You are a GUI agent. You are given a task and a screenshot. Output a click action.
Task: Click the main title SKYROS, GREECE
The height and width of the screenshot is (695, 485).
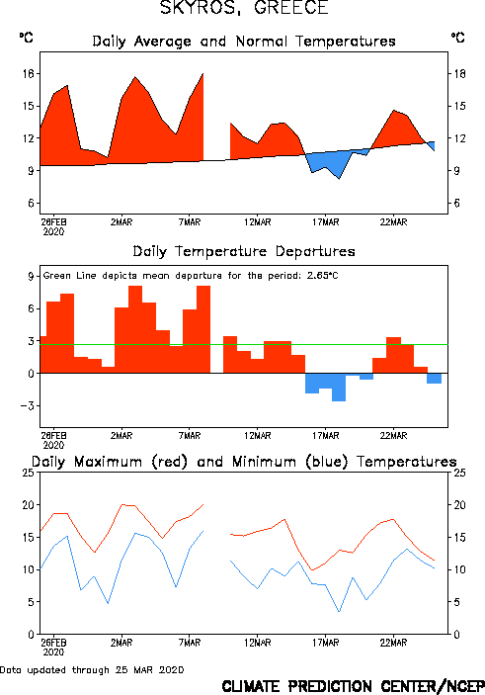244,8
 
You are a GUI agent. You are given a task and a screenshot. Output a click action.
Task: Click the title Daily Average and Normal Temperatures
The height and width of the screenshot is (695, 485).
244,42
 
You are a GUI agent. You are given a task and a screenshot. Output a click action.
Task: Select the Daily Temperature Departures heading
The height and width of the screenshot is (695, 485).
244,251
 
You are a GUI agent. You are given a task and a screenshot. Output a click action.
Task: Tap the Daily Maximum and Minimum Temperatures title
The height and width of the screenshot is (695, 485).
244,462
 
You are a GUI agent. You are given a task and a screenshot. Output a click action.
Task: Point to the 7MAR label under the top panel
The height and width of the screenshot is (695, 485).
190,221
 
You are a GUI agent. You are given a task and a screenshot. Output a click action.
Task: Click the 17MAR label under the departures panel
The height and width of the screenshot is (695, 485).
326,435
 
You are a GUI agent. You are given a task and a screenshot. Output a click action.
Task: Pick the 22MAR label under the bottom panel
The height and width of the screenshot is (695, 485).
393,643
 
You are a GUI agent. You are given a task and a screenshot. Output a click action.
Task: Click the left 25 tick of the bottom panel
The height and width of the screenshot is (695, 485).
29,473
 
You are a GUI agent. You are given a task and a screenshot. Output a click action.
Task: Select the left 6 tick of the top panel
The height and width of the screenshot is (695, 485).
31,203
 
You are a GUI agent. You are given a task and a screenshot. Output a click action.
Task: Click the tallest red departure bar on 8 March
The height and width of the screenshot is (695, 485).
203,329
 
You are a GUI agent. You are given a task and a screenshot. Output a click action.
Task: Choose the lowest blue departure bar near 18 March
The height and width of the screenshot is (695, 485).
339,388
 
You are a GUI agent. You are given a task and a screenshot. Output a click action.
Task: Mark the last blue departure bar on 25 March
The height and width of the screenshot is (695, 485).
434,379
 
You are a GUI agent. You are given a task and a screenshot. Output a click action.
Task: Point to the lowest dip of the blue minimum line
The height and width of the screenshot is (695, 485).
339,612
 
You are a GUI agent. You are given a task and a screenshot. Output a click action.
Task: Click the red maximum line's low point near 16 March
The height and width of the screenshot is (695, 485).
312,570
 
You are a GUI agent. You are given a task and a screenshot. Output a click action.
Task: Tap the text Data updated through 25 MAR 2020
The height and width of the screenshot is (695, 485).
92,669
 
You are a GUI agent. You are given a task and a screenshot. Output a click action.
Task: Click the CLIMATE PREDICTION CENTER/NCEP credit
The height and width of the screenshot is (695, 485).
353,686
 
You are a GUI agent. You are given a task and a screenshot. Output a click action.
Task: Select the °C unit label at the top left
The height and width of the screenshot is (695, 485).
26,38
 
